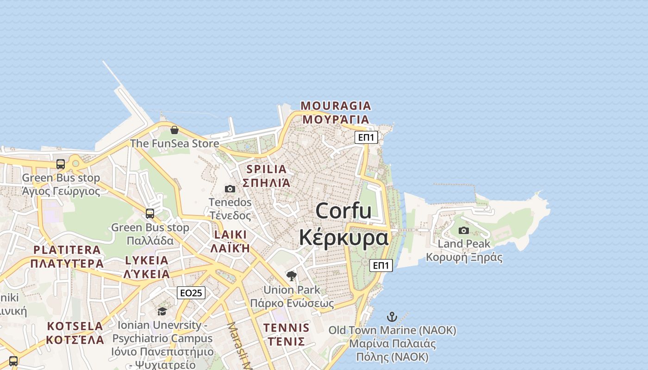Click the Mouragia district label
(336, 112)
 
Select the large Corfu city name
(343, 224)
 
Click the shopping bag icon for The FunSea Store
(174, 130)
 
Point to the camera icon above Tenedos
(230, 189)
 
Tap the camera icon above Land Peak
(463, 230)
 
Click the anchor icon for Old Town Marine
(392, 317)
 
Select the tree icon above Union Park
(292, 276)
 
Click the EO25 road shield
(191, 293)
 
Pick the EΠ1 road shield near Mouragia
(366, 137)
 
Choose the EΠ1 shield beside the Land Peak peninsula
(381, 265)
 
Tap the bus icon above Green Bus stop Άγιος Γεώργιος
(61, 164)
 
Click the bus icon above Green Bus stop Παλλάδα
(150, 213)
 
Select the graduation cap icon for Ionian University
(162, 311)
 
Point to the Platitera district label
(67, 257)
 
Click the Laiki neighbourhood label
(231, 241)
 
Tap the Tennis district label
(286, 335)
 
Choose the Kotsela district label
(75, 333)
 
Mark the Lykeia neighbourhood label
(147, 267)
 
